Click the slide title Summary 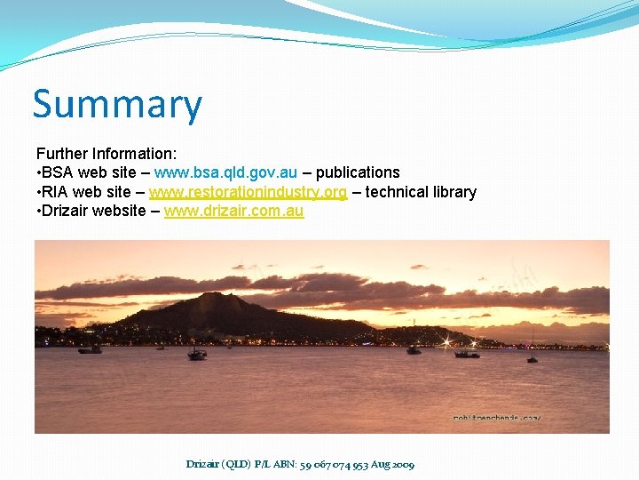click(117, 105)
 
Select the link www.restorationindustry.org click(248, 192)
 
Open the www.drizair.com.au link click(233, 212)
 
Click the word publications click(358, 172)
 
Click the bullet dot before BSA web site click(38, 172)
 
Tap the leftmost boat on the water click(90, 349)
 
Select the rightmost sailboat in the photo click(532, 357)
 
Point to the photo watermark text click(496, 417)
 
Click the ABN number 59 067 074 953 click(338, 464)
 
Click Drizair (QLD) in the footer click(218, 464)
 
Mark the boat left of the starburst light click(414, 350)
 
